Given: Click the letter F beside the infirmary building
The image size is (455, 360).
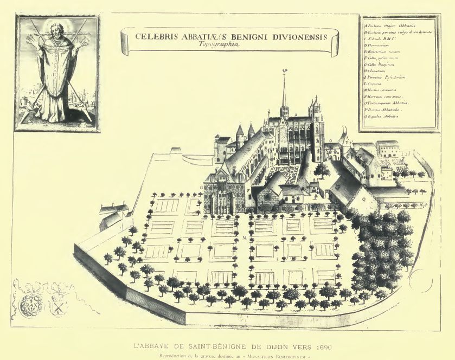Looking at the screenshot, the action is tap(248, 191).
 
